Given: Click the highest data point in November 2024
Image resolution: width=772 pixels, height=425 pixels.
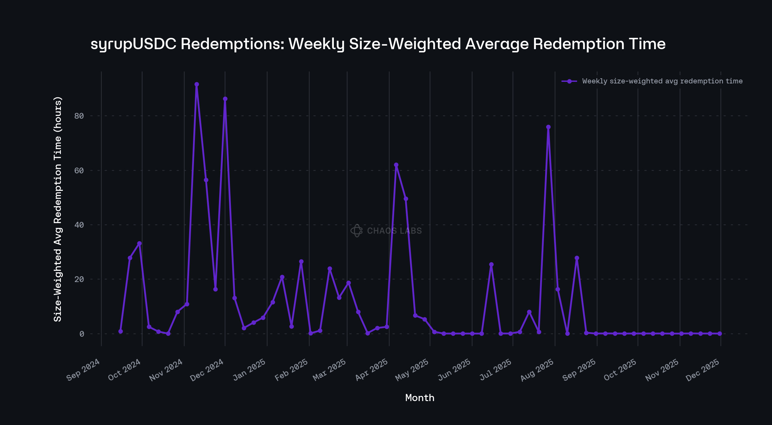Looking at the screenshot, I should coord(197,84).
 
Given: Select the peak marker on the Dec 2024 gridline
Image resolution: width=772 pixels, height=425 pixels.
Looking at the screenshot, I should coord(225,99).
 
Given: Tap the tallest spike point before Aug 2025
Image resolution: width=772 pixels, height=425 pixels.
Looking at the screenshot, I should coord(548,127).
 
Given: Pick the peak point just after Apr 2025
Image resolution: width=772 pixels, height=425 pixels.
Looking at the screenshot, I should coord(396,165).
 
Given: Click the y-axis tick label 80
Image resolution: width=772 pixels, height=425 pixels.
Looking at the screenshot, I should coord(79,116).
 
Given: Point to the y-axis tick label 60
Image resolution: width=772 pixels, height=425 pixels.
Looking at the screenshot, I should coord(79,170).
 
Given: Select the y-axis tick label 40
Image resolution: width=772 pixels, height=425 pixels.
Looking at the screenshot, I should coord(79,225).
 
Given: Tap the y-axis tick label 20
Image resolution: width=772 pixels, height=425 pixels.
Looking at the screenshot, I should coord(79,279).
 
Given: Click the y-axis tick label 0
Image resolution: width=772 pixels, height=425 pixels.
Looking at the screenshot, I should coord(82,334).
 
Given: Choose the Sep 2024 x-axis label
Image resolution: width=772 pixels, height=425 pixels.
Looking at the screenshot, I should coord(83,370).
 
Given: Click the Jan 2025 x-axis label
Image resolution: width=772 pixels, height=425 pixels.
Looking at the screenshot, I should coord(249,370).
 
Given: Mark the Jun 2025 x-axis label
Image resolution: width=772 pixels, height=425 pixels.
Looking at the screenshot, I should coord(454,370).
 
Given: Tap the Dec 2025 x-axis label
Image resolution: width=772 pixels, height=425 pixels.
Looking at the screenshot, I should coord(703,370).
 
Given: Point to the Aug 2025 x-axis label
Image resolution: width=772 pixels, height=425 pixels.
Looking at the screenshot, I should coord(537,370).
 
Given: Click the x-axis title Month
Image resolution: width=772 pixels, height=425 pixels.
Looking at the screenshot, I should coord(420,398).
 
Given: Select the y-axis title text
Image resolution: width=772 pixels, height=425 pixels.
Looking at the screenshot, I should coord(58,209).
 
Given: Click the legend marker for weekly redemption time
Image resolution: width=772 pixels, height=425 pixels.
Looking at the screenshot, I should coord(569,81).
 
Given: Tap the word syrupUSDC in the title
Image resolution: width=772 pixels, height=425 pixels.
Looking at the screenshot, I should coord(133,44).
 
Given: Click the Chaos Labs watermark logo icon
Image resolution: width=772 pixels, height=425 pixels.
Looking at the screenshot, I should coord(357,231).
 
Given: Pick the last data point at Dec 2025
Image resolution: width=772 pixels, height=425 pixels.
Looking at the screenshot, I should coord(720,333).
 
